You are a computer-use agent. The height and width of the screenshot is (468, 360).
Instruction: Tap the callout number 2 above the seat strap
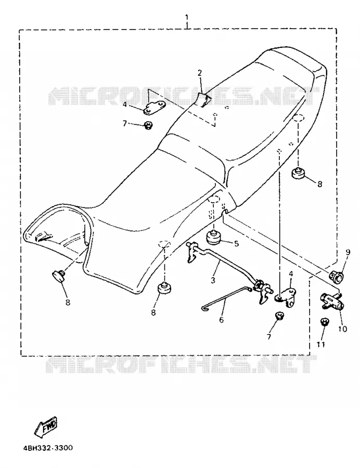pyautogui.click(x=199, y=72)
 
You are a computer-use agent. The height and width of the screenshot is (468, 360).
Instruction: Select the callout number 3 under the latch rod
pyautogui.click(x=213, y=280)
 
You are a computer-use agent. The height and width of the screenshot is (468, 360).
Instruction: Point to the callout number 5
pyautogui.click(x=236, y=244)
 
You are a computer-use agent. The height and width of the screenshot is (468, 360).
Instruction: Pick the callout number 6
pyautogui.click(x=221, y=320)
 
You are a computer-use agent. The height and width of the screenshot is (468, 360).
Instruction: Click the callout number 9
pyautogui.click(x=348, y=253)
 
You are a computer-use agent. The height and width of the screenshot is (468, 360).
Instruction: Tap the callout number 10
pyautogui.click(x=342, y=329)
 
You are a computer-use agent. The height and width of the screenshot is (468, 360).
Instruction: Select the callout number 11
pyautogui.click(x=320, y=344)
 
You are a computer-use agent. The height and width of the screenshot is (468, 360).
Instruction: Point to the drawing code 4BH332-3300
pyautogui.click(x=48, y=448)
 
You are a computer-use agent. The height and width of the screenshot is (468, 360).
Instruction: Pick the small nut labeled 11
pyautogui.click(x=325, y=322)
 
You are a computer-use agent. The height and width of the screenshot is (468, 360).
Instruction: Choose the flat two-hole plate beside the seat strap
pyautogui.click(x=155, y=108)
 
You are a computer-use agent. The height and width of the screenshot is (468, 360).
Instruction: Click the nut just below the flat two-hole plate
pyautogui.click(x=148, y=125)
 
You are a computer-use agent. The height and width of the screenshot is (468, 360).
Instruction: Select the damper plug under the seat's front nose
pyautogui.click(x=59, y=274)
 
